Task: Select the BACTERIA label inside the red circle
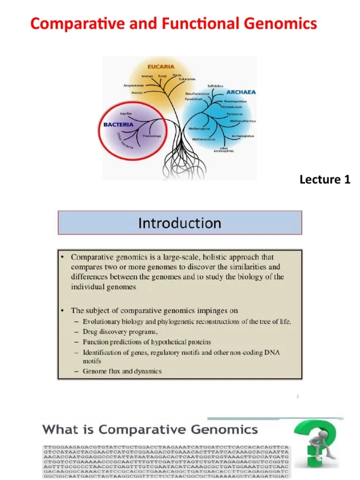118,125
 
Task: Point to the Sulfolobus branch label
217,86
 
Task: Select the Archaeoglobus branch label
242,136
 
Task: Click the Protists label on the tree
137,93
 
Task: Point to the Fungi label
162,76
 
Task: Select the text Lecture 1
325,179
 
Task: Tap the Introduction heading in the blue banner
180,223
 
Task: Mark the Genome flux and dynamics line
122,371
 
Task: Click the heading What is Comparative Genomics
150,429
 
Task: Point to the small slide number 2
297,397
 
